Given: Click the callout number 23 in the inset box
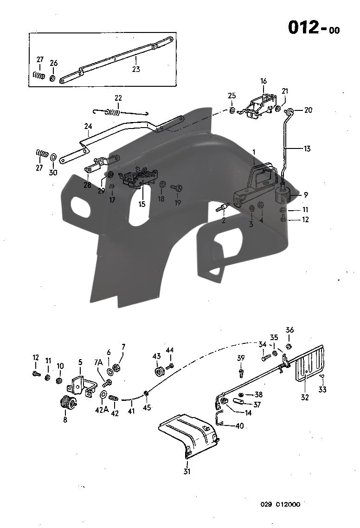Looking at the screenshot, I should [x=135, y=69].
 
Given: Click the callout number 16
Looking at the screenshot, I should [x=264, y=81].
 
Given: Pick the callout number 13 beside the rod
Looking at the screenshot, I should [x=307, y=149].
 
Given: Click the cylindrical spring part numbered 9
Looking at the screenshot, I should [x=283, y=194].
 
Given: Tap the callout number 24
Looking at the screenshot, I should [x=88, y=126].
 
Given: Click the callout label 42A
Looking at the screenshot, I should [x=102, y=410].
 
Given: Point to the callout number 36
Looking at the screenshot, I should [x=289, y=330].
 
